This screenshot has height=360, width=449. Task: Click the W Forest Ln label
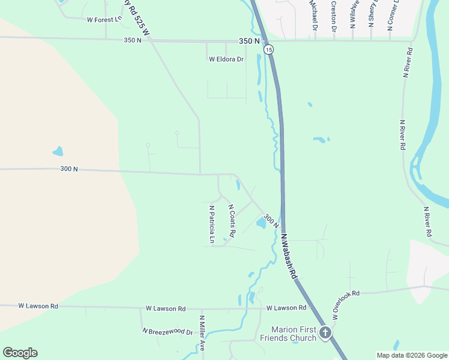click(104, 19)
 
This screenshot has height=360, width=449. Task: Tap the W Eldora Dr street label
click(226, 59)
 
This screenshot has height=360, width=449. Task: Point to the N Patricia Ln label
click(212, 224)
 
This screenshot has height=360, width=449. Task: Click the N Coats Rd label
click(231, 220)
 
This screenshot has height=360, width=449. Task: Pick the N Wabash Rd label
click(289, 256)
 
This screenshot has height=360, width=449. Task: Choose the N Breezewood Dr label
click(167, 331)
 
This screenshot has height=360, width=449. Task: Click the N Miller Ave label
click(202, 333)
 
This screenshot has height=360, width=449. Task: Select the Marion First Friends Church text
click(294, 334)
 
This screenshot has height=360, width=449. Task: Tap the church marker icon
click(325, 332)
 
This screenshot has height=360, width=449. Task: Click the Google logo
click(20, 352)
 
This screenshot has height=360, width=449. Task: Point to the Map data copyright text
click(411, 355)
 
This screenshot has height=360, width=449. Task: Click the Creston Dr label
click(333, 16)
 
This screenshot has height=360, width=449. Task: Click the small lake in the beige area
click(58, 151)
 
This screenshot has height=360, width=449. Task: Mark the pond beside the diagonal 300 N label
click(261, 224)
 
